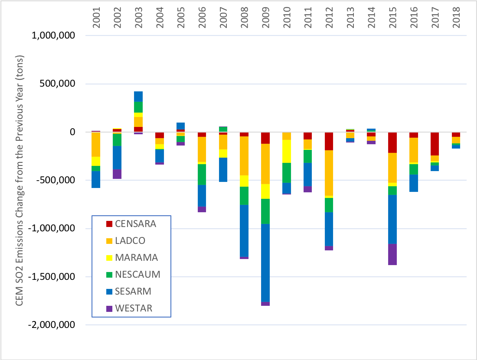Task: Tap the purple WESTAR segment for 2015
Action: [x=393, y=254]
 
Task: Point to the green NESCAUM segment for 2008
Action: [x=244, y=195]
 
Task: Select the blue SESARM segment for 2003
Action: [x=138, y=96]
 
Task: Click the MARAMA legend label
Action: [x=136, y=258]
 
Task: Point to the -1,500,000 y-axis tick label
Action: [x=51, y=276]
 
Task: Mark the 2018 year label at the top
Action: [x=456, y=19]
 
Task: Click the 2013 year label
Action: [x=350, y=19]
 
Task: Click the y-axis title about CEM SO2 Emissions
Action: [x=20, y=180]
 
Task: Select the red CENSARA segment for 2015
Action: [x=393, y=143]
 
